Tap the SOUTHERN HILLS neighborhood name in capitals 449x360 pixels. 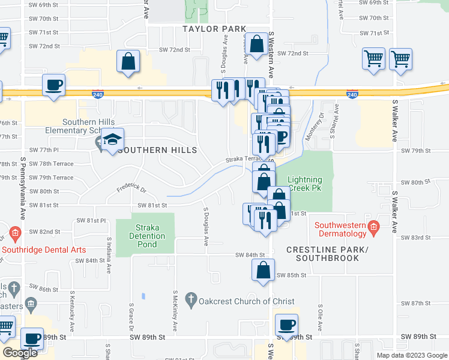[157, 150]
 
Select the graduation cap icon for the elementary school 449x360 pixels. [112, 140]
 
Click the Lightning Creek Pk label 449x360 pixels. [306, 184]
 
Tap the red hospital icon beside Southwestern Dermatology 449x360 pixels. [373, 227]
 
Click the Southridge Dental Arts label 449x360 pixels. [43, 250]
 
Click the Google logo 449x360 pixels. [19, 353]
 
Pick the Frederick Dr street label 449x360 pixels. [132, 189]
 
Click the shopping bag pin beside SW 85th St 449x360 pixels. [263, 270]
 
